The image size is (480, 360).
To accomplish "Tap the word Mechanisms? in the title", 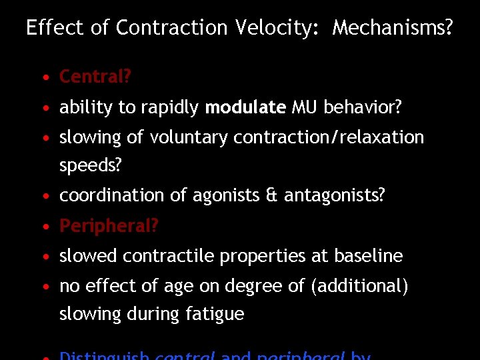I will point(393,28).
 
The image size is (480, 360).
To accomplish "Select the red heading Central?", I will point(95,77).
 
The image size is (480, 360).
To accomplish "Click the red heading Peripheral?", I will point(109,227).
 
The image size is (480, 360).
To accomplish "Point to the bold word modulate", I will point(245,107).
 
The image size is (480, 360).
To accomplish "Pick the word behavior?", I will point(363,107).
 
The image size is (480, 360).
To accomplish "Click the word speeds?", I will point(91,166).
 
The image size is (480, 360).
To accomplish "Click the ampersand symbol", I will point(272,196).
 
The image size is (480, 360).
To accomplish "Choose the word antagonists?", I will point(335,196).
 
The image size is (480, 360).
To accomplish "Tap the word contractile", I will point(167,256).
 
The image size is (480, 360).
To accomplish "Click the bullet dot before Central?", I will point(44,78).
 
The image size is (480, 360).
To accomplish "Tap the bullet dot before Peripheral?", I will point(44,227).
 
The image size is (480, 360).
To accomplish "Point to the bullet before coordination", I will point(44,197).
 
